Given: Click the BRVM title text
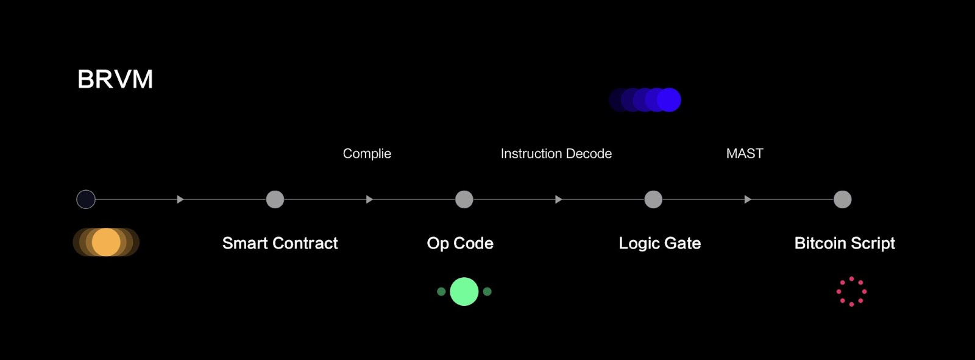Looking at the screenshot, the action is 115,79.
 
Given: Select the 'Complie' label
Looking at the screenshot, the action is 367,154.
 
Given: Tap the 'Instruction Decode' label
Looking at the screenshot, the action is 556,154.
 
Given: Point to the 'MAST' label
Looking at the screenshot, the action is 745,154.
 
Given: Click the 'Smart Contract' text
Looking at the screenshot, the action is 280,243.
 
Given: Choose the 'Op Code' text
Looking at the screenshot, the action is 460,243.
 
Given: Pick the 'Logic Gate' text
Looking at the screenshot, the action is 660,243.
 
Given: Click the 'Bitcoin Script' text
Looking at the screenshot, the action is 845,243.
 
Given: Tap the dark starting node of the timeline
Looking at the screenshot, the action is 86,199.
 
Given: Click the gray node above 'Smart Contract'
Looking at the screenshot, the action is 275,199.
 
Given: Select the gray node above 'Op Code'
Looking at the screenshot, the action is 464,199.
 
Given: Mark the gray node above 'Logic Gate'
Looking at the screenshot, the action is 653,199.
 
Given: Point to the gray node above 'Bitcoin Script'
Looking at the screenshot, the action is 843,199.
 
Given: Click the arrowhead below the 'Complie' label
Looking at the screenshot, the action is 369,199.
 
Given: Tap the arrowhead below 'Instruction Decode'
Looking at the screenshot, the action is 558,199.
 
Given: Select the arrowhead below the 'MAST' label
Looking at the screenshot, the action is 748,199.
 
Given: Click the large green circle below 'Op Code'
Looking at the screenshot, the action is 464,292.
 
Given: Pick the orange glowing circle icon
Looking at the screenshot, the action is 106,242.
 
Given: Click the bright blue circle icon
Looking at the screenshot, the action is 668,100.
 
